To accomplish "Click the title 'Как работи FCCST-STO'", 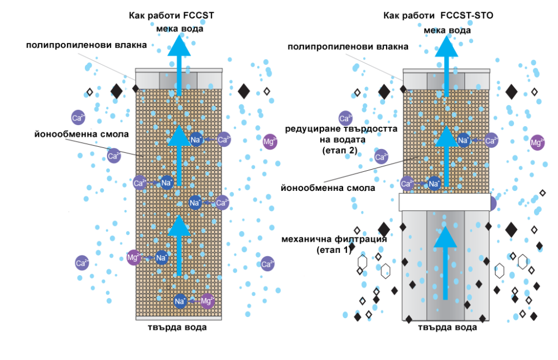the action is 438,16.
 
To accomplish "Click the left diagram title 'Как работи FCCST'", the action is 171,16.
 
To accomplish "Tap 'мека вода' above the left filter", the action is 180,29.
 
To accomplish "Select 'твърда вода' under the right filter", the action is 448,327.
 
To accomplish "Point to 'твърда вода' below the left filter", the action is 177,327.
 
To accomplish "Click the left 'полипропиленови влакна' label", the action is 86,45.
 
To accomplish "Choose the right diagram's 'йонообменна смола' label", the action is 328,188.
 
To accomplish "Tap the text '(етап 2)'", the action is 340,151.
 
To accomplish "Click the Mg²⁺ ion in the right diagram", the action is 537,143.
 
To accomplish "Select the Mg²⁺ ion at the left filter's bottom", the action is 207,301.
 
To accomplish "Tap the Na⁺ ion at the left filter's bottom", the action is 180,301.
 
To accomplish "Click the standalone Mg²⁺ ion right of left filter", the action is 270,142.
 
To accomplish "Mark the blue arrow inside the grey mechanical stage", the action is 445,263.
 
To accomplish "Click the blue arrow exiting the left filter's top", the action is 179,65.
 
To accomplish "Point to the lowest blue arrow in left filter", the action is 179,246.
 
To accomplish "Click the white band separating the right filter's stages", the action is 445,202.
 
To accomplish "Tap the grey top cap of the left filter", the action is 179,79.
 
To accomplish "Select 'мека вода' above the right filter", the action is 448,30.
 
